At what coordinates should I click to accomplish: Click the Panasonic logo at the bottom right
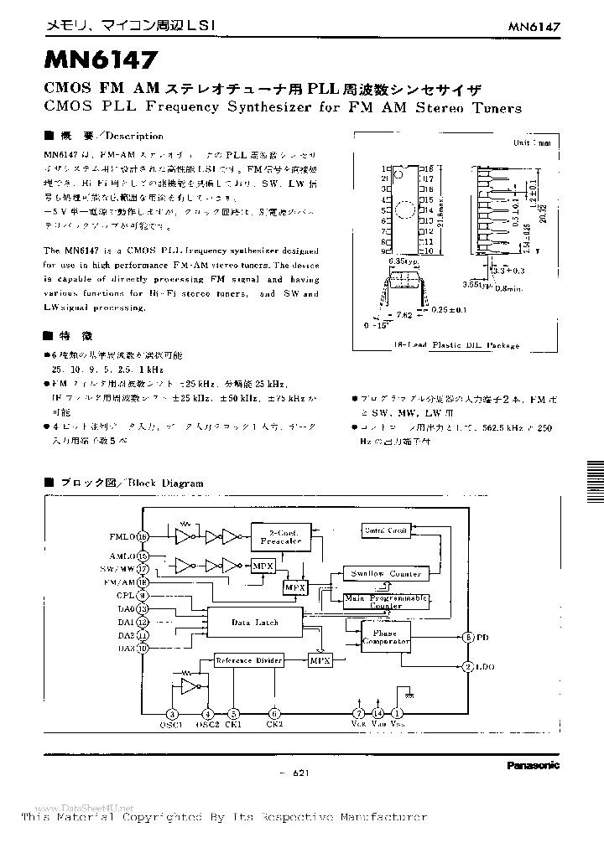(533, 765)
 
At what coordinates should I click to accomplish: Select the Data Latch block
(254, 623)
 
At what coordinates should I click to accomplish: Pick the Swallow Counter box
(385, 573)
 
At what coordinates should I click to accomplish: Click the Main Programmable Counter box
(385, 600)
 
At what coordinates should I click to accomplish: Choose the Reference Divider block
(248, 660)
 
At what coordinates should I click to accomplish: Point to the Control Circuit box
(384, 530)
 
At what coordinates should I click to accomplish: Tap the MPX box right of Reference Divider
(320, 660)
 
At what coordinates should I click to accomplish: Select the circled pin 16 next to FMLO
(143, 536)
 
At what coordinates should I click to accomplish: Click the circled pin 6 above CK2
(273, 713)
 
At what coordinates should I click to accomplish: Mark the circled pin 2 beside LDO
(466, 667)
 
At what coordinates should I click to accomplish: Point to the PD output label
(483, 638)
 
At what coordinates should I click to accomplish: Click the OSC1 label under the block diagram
(170, 725)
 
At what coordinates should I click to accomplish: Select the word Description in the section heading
(135, 136)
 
